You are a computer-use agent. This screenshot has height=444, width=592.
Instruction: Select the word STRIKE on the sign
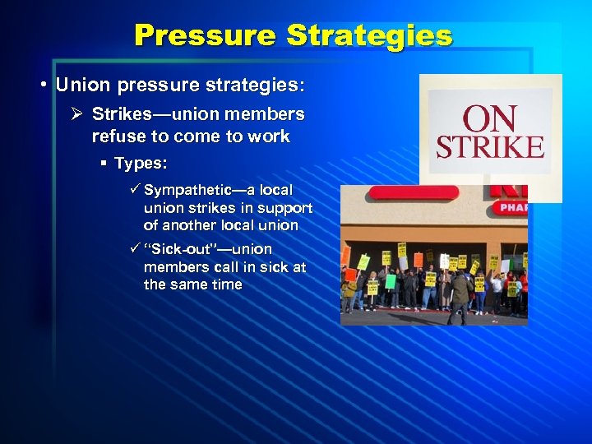(x=490, y=147)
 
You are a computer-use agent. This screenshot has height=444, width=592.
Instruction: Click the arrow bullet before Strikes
(x=80, y=114)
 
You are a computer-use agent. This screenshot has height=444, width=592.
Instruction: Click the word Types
(x=141, y=164)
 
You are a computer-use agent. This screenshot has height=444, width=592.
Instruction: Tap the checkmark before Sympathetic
(x=136, y=190)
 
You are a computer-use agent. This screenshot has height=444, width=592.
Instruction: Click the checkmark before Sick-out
(x=136, y=248)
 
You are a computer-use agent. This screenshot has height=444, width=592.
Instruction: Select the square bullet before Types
(x=104, y=164)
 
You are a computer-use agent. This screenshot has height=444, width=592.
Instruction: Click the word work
(x=268, y=136)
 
